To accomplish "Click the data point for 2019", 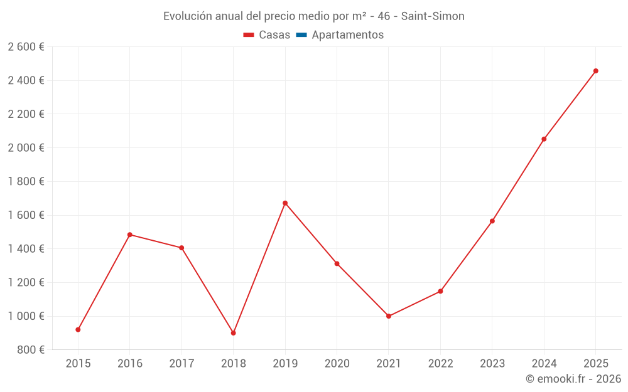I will [285, 203].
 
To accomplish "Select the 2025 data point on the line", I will [596, 71].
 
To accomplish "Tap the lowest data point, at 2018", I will [233, 333].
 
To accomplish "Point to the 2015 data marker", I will [78, 329].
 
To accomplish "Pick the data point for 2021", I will [389, 316].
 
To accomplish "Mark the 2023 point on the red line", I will [492, 221].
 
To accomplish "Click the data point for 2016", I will [129, 235].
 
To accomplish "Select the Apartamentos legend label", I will [347, 35].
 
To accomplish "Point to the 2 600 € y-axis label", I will [26, 47].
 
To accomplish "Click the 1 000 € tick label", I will [26, 316].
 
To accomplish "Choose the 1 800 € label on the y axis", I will [26, 181].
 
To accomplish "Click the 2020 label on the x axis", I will [337, 363].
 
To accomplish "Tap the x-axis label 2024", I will [544, 363].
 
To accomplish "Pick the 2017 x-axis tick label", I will [181, 363].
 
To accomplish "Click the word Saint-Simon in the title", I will [433, 16].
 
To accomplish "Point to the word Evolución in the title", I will [187, 16].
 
